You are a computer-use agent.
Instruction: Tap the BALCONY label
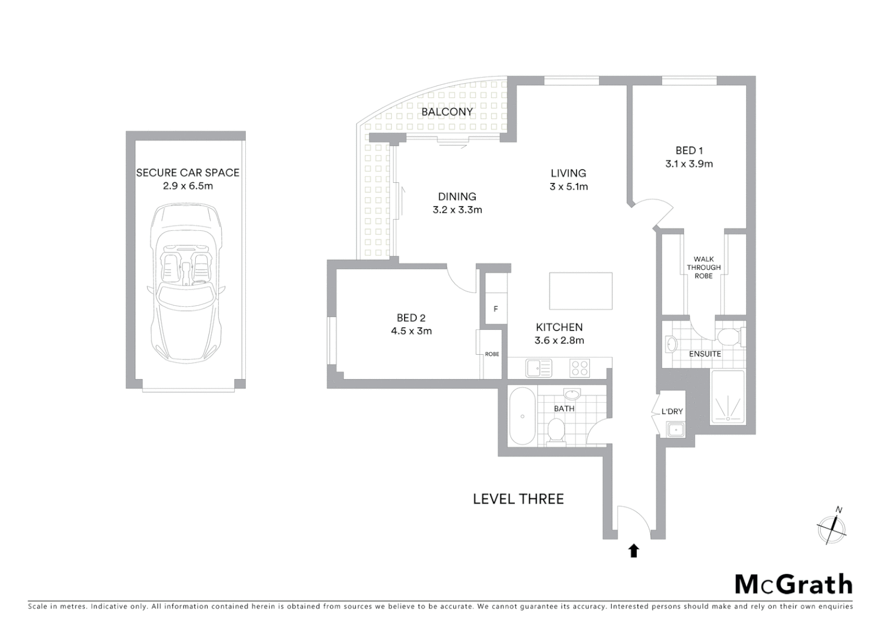447,112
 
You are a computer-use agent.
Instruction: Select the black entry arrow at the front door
634,551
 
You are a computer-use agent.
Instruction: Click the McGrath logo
793,584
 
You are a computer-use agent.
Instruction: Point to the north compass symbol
832,527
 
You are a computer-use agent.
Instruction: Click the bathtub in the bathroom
522,416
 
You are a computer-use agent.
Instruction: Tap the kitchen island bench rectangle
580,291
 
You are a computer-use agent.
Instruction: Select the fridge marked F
495,309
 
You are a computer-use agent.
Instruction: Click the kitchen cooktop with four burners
579,367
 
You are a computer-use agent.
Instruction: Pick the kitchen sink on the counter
538,367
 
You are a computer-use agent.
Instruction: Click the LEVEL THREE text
518,499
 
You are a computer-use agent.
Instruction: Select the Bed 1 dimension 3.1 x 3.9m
689,164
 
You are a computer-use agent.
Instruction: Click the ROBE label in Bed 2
492,354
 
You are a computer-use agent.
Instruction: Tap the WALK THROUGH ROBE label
703,268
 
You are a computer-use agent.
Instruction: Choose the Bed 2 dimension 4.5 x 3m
411,331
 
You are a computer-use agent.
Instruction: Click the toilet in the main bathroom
555,430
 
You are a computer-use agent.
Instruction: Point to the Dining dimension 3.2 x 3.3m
457,210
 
